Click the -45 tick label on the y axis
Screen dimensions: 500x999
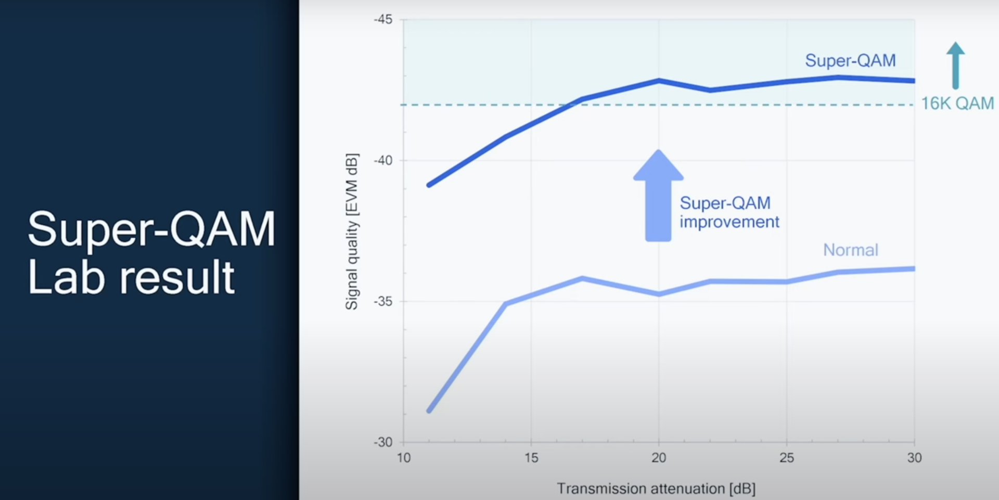(383, 20)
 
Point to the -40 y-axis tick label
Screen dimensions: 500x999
(383, 161)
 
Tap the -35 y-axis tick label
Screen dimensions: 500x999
(383, 302)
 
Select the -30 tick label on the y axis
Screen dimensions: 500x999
(383, 442)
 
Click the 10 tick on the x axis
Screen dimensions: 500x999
(404, 458)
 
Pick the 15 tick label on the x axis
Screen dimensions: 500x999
(531, 458)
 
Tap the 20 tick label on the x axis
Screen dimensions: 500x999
(659, 458)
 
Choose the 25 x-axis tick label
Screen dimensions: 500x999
(787, 458)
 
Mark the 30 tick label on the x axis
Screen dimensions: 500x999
(914, 458)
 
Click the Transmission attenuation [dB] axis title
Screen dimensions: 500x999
(656, 489)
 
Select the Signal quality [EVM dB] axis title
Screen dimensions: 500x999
(352, 232)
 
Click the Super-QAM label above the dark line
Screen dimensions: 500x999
(850, 61)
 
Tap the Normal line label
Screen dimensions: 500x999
(850, 250)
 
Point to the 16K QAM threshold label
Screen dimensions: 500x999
(957, 104)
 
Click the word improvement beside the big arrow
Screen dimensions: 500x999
(729, 222)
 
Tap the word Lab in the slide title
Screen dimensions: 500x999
(66, 278)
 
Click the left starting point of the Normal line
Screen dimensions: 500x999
(429, 411)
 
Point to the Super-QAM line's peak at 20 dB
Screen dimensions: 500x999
(659, 81)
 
